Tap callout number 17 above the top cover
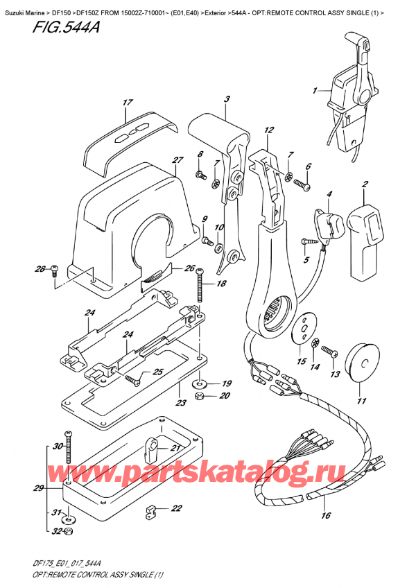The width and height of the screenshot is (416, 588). (x=127, y=103)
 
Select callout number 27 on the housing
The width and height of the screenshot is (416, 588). (x=177, y=161)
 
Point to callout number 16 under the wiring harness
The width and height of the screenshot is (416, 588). (x=327, y=515)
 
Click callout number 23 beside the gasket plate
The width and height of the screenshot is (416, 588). (x=181, y=403)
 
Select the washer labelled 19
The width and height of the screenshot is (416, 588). (x=200, y=382)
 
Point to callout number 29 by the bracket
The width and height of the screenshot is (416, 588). (x=39, y=489)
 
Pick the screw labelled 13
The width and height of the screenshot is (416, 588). (x=331, y=354)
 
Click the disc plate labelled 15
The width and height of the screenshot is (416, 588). (x=303, y=327)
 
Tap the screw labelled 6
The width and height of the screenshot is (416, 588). (x=301, y=184)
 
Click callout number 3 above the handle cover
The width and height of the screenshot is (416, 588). (x=226, y=99)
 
